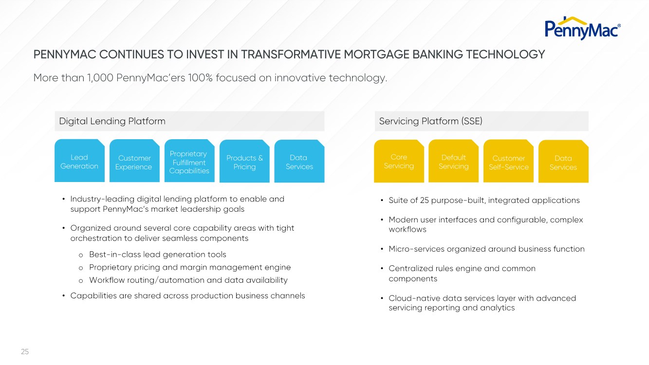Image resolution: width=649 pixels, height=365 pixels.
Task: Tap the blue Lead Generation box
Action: coord(79,161)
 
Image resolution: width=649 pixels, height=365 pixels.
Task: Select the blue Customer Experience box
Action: coord(134,162)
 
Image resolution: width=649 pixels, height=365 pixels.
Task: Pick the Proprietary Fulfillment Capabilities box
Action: coord(189,162)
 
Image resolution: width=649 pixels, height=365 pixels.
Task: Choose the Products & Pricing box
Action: coord(244,162)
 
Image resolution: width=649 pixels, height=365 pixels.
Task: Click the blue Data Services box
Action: coord(299,162)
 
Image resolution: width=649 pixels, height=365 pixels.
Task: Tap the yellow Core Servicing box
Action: coord(399,161)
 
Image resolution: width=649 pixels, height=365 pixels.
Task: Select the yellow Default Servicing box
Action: coord(453,162)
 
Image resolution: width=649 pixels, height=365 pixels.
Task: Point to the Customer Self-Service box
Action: coord(508,162)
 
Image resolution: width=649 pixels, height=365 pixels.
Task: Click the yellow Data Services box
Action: coord(563,162)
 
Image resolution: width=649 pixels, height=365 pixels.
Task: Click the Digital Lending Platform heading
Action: coord(112,121)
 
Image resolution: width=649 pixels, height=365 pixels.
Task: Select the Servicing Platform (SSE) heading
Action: coord(430,121)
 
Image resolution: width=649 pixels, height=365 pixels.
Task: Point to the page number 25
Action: coord(25,351)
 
